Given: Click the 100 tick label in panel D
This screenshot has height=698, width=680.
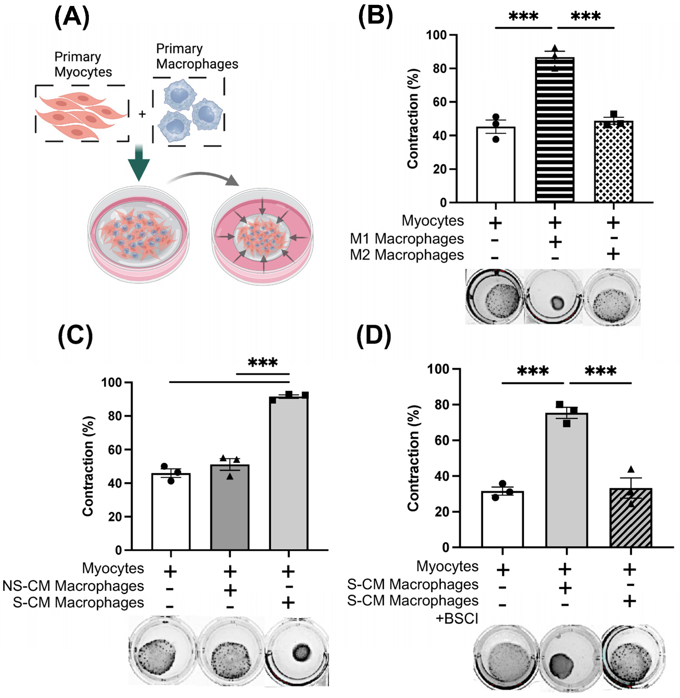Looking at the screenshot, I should click(439, 369).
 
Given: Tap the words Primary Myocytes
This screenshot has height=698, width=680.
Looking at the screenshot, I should click(83, 64).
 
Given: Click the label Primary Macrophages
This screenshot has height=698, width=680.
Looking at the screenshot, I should click(197, 57).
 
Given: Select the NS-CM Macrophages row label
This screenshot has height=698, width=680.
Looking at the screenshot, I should click(73, 586).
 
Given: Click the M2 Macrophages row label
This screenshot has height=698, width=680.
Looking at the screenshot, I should click(406, 255).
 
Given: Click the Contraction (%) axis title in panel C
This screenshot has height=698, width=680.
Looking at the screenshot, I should click(88, 466).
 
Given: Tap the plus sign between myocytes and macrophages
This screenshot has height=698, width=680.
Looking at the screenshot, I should click(142, 114).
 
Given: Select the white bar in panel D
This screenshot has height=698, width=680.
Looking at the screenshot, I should click(502, 520).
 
